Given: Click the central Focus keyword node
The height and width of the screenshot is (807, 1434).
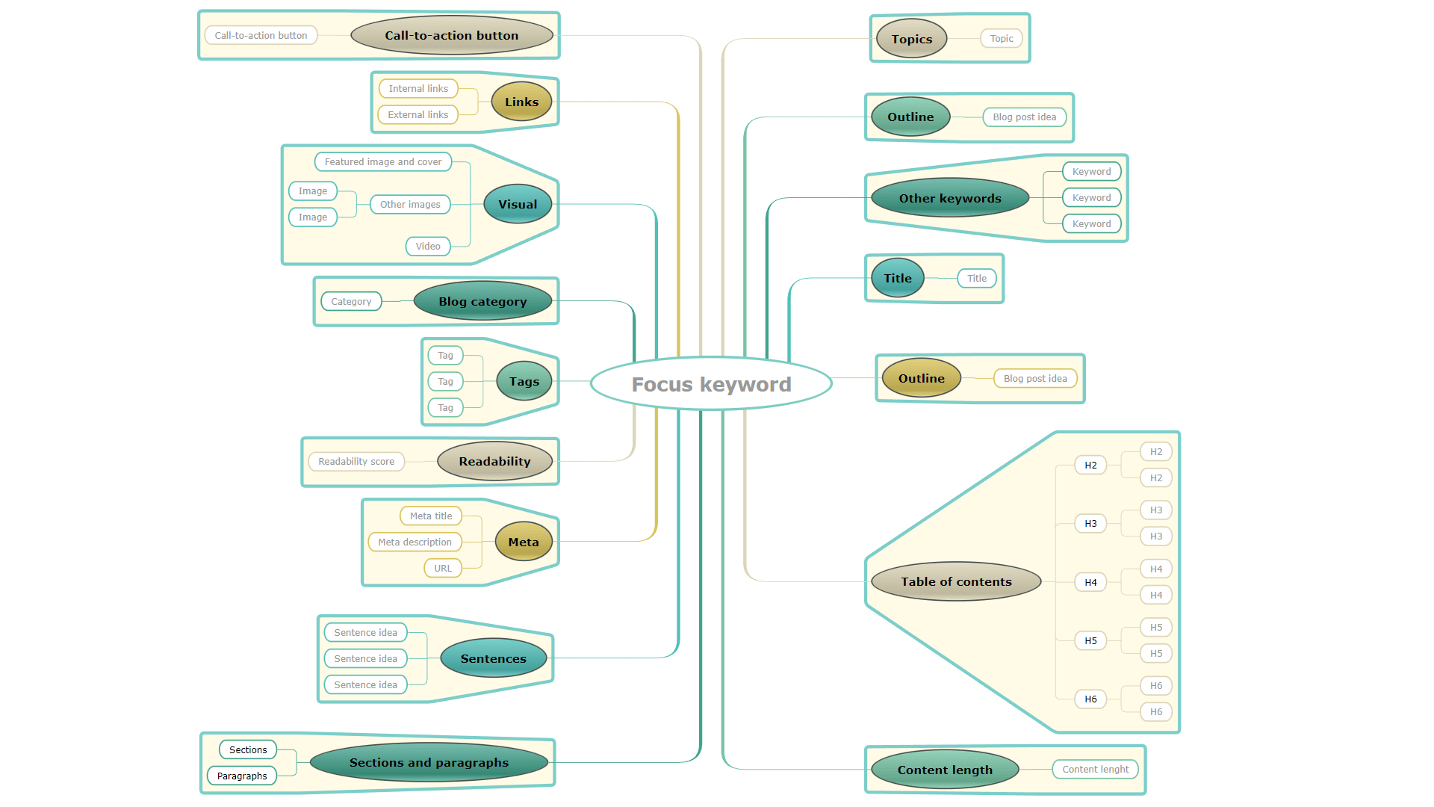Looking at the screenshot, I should click(x=711, y=384).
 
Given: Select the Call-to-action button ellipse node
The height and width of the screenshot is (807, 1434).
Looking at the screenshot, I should click(x=451, y=35).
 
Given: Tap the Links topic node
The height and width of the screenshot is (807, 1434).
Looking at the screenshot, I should click(x=521, y=102).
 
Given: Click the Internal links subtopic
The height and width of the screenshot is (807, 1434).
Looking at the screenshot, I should click(x=418, y=88).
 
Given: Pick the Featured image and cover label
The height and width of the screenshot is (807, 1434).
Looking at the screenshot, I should click(x=382, y=161).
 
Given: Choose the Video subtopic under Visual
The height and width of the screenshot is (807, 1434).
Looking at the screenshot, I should click(x=428, y=246).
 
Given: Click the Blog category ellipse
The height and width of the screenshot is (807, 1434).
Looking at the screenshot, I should click(x=482, y=301).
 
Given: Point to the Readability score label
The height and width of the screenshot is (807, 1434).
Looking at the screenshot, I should click(x=356, y=461).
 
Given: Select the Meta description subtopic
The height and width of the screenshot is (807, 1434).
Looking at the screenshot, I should click(x=415, y=542).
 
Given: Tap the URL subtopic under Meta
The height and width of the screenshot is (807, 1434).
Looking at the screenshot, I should click(x=443, y=568).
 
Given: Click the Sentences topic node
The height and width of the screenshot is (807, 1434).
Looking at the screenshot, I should click(x=493, y=658).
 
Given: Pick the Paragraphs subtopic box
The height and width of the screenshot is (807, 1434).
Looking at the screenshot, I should click(x=242, y=776).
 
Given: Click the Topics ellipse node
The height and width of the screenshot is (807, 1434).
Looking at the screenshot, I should click(x=911, y=39).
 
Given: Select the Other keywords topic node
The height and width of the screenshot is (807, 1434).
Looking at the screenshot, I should click(x=950, y=198).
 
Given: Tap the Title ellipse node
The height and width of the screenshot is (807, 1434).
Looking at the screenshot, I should click(x=898, y=278).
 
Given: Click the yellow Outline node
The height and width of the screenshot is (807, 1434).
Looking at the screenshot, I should click(x=921, y=378).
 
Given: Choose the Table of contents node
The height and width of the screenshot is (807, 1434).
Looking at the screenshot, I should click(x=956, y=581).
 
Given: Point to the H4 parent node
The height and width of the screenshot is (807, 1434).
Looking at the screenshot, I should click(x=1090, y=582).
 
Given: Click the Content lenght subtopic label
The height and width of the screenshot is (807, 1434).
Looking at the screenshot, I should click(x=1095, y=769).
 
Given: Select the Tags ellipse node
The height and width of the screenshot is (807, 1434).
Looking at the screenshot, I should click(x=524, y=381).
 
